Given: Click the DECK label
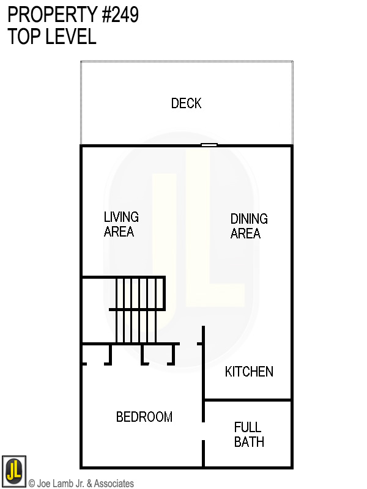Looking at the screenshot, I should tap(186, 103).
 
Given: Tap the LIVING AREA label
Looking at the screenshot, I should tap(120, 224).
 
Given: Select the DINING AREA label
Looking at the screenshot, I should tap(248, 226).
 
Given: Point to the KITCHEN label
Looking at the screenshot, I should tap(248, 372).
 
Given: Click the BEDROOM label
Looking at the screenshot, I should tap(144, 417).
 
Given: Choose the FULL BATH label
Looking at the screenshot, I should tap(248, 434).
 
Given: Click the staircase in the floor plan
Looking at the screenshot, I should tap(139, 311).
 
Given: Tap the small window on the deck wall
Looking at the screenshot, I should tap(209, 145).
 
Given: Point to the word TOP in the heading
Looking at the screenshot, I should tap(23, 37).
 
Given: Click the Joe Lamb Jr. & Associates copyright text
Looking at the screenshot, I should tap(81, 483).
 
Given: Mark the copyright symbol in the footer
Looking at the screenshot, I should tap(32, 483).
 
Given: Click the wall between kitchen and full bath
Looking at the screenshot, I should tap(247, 400).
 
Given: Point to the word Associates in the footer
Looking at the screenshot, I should tap(113, 483).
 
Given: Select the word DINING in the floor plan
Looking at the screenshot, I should tap(249, 218).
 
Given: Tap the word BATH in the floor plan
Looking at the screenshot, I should tap(249, 441).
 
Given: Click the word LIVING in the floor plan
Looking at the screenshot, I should tap(121, 217).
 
